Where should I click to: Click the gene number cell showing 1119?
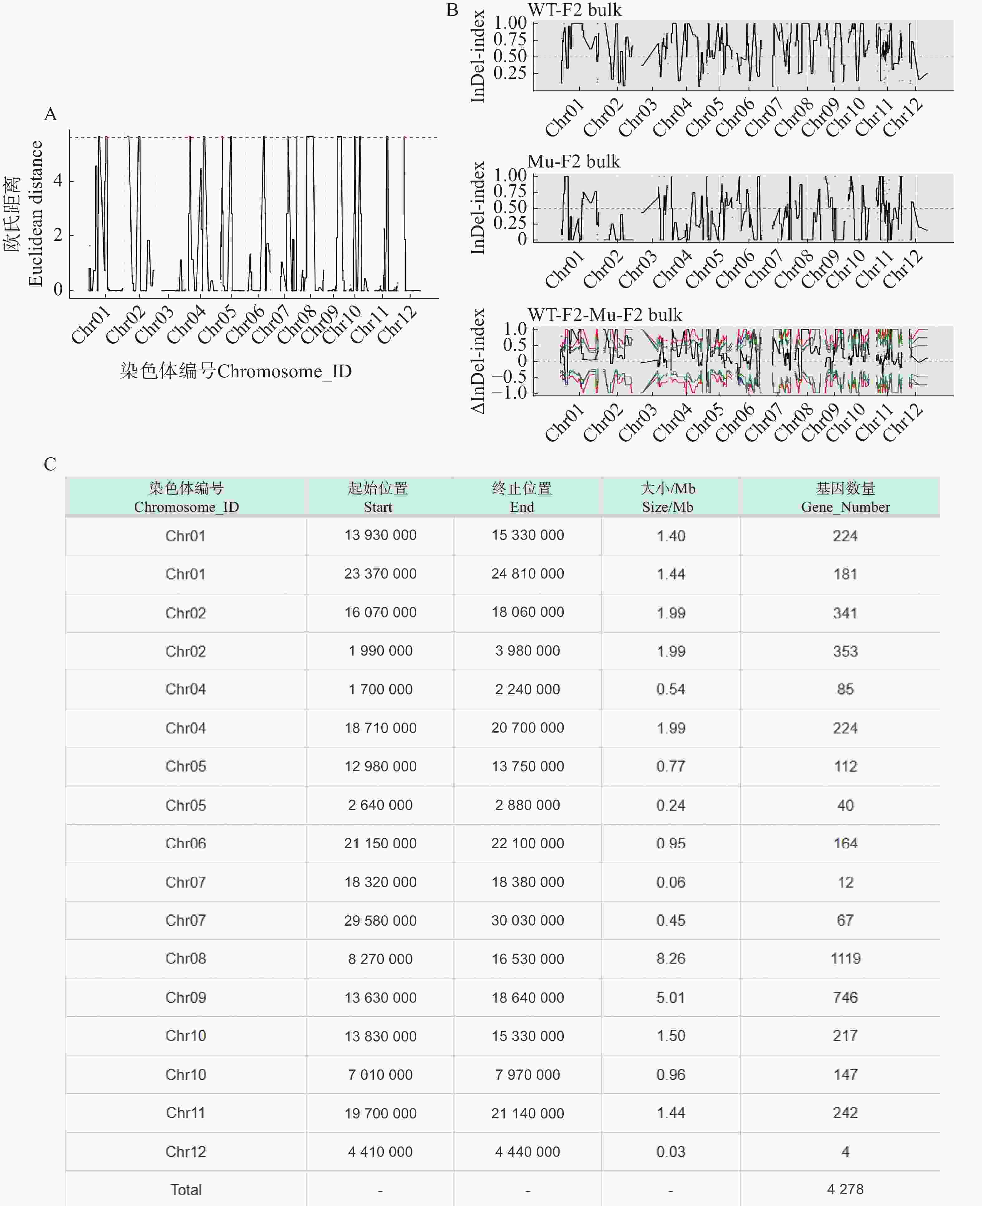click(x=845, y=958)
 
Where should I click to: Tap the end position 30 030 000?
click(x=527, y=920)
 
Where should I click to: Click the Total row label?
click(x=185, y=1189)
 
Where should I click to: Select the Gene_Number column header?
click(x=845, y=497)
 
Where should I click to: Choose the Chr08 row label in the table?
click(x=185, y=958)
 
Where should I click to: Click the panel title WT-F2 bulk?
click(x=574, y=10)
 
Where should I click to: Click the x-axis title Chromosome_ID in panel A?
click(x=236, y=371)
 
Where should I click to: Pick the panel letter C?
click(x=50, y=464)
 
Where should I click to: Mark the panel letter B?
click(x=452, y=10)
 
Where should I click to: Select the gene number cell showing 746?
click(x=845, y=997)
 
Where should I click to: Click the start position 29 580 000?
click(x=380, y=920)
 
